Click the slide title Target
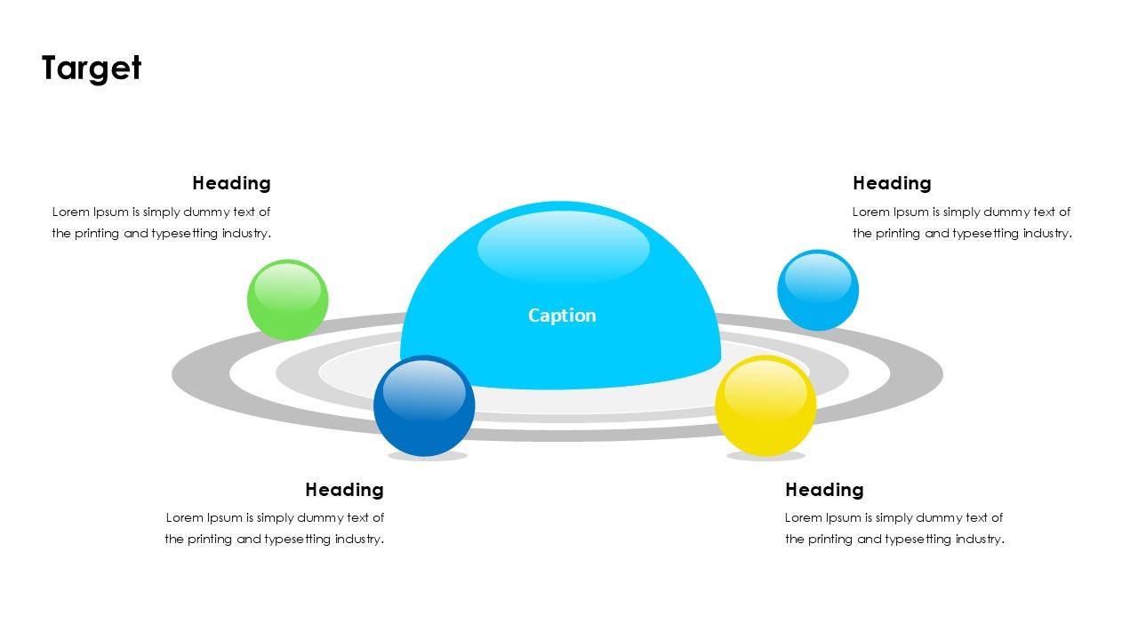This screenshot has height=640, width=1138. point(92,68)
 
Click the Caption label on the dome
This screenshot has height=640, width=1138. point(562,316)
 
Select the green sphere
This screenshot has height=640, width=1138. point(287,300)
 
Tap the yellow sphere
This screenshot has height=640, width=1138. point(765,406)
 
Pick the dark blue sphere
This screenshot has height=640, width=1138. point(424,406)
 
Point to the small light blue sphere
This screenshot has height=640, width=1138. point(818,291)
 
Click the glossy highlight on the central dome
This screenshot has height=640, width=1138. point(564,248)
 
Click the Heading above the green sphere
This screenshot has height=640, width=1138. point(231,183)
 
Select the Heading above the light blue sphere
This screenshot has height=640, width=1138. point(892,183)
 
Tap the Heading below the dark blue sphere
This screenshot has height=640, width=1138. point(344,490)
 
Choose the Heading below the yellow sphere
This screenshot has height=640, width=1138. point(824,490)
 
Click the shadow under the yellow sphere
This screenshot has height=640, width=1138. point(765,456)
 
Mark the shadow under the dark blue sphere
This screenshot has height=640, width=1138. point(428,456)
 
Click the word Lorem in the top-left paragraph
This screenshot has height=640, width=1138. point(69,212)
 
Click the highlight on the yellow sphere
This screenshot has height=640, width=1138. point(765,388)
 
